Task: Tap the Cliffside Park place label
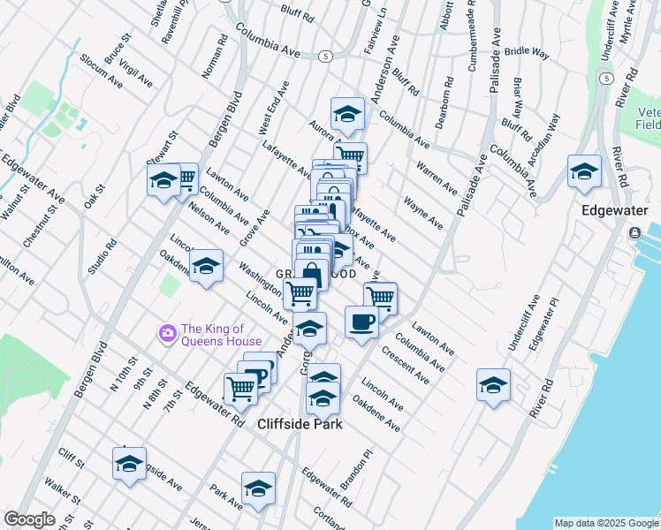coord(299,423)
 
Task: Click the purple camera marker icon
coord(166,333)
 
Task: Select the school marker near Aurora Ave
coord(347,114)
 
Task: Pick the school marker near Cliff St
coord(129,464)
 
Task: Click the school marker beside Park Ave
coord(258,488)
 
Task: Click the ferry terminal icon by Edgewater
coord(634,233)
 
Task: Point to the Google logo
coord(29,519)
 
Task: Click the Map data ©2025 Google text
coord(605,523)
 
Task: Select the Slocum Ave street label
coord(101,71)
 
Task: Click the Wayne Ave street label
coord(423,214)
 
